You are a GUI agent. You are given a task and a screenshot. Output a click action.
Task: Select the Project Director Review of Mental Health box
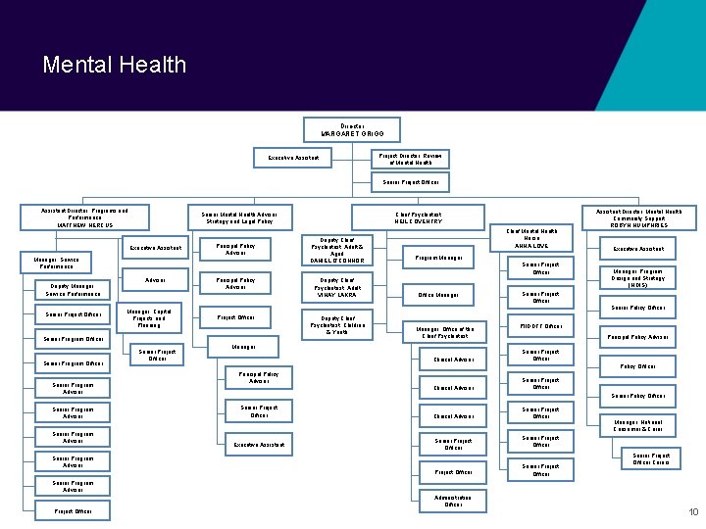(409, 158)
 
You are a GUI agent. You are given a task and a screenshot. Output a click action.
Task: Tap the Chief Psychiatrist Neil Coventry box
(419, 217)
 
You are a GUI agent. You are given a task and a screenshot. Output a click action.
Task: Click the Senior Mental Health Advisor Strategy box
(239, 217)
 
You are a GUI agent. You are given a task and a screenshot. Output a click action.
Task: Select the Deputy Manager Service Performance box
(73, 289)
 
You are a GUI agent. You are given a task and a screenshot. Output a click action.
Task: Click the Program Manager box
(439, 259)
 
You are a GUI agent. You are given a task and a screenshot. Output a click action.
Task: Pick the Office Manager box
(439, 295)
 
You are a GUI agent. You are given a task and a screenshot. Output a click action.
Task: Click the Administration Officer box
(453, 501)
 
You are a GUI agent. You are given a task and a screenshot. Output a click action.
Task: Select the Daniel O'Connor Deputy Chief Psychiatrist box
(336, 251)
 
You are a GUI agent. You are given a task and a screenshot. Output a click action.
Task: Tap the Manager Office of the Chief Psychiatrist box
(445, 332)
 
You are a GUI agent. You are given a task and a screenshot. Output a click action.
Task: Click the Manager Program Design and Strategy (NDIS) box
(638, 278)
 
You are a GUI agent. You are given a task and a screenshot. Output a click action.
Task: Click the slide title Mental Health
(114, 65)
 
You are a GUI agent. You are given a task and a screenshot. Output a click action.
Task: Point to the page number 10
(692, 512)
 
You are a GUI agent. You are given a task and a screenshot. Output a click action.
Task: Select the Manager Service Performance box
(56, 263)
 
